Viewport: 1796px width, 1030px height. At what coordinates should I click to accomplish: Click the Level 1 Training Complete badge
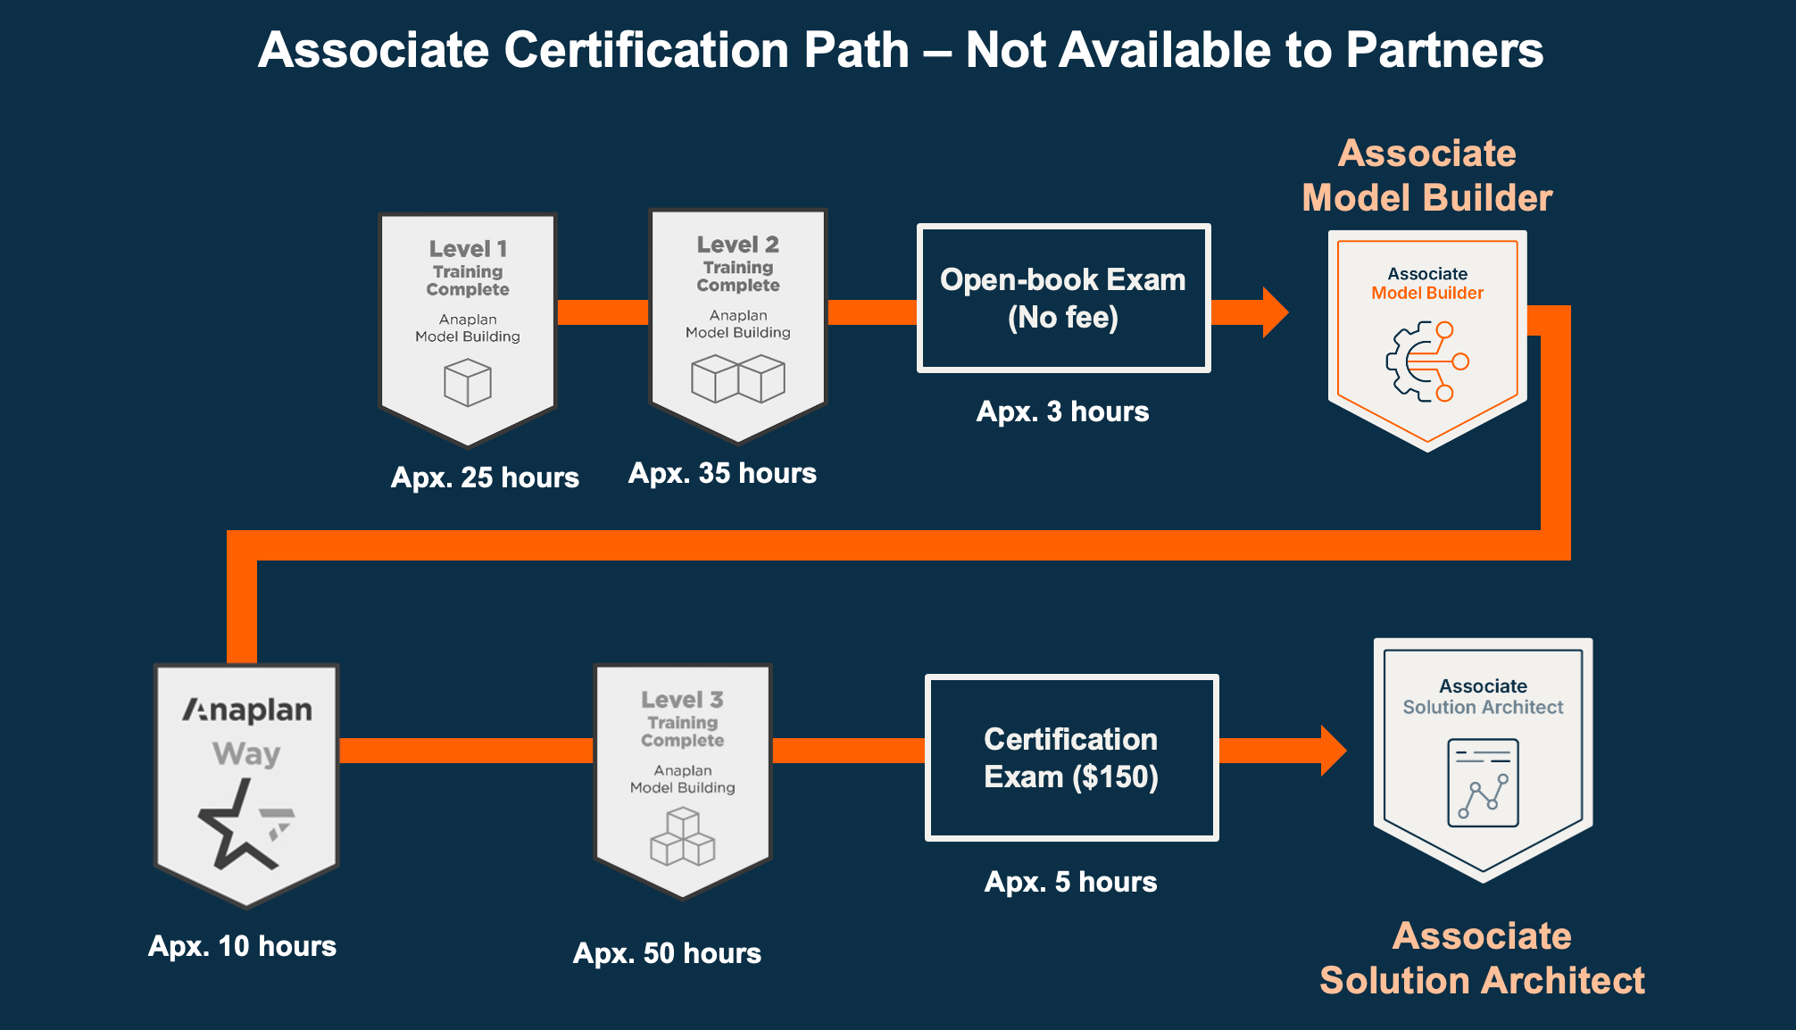pyautogui.click(x=468, y=329)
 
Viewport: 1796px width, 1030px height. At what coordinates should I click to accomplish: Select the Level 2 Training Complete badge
pyautogui.click(x=738, y=326)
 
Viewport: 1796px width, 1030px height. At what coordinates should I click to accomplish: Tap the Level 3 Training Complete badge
pyautogui.click(x=683, y=781)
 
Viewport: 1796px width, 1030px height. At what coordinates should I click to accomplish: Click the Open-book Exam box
pyautogui.click(x=1063, y=298)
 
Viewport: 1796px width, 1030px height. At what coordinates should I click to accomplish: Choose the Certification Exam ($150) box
pyautogui.click(x=1071, y=758)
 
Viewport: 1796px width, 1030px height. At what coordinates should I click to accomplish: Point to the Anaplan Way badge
pyautogui.click(x=246, y=785)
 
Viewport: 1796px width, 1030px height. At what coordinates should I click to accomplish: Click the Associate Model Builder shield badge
pyautogui.click(x=1427, y=341)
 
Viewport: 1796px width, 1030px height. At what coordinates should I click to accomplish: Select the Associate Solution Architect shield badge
pyautogui.click(x=1483, y=760)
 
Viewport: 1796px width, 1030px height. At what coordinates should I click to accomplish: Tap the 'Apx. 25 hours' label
pyautogui.click(x=485, y=478)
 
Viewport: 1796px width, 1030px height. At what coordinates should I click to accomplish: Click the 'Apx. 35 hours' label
pyautogui.click(x=722, y=473)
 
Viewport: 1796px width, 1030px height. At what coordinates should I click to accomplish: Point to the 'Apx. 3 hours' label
pyautogui.click(x=1062, y=411)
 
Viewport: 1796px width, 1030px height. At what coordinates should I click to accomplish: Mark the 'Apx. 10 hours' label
pyautogui.click(x=242, y=946)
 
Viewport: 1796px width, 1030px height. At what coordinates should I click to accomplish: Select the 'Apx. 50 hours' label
pyautogui.click(x=667, y=953)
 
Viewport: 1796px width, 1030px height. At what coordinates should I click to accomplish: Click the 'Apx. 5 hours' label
pyautogui.click(x=1070, y=882)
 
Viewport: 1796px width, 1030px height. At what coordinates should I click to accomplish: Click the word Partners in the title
pyautogui.click(x=1444, y=50)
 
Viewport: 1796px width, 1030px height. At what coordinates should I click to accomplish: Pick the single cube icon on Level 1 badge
pyautogui.click(x=468, y=383)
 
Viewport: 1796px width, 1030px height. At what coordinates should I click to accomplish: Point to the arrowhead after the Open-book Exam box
pyautogui.click(x=1276, y=312)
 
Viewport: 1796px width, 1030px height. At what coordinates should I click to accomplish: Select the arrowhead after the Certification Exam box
pyautogui.click(x=1334, y=751)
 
